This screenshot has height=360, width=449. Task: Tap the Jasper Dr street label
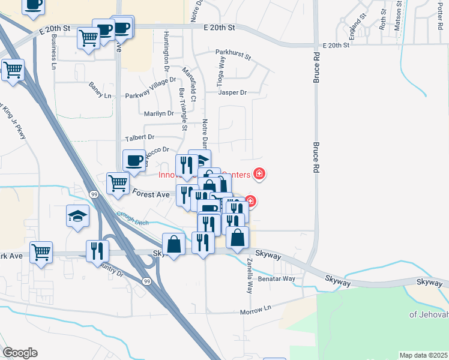click(x=233, y=92)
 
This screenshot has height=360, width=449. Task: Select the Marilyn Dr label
click(x=158, y=113)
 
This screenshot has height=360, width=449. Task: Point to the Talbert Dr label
click(x=139, y=137)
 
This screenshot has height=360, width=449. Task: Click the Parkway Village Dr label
click(x=150, y=96)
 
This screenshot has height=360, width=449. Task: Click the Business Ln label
click(x=53, y=51)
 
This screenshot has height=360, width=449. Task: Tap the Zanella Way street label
click(x=249, y=275)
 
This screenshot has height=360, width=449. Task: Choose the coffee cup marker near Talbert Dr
click(x=134, y=160)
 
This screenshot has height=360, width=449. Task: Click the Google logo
click(x=20, y=353)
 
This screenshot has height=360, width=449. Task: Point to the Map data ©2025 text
click(x=423, y=355)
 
